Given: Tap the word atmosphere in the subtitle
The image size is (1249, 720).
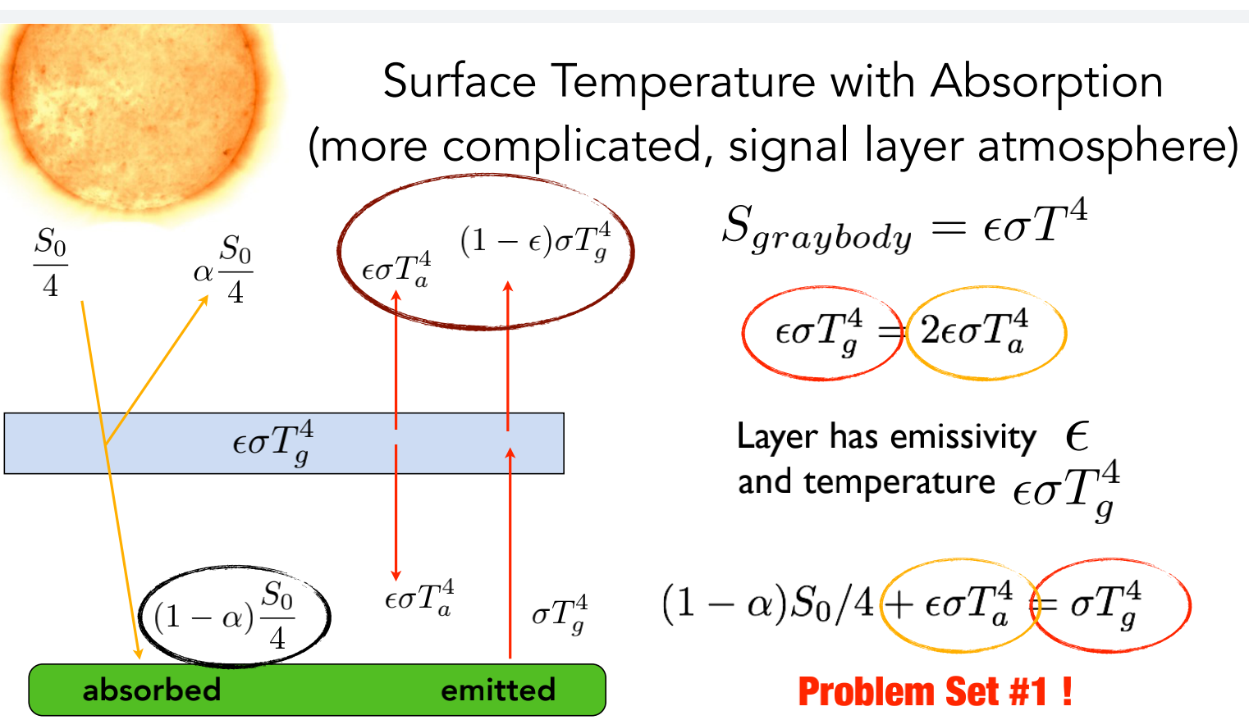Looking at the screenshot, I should (1108, 147).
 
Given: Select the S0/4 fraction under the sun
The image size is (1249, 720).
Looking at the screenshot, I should (50, 264).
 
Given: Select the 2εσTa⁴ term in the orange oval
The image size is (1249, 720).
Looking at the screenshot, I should (974, 331).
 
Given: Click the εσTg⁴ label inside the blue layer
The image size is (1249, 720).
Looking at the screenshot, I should (273, 443).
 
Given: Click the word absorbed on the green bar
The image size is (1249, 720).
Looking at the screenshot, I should (152, 690).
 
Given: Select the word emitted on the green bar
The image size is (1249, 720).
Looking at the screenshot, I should (498, 690).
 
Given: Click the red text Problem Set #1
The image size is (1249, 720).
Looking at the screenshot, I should (935, 692).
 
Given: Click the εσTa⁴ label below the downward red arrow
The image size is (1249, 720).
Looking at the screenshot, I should (419, 598).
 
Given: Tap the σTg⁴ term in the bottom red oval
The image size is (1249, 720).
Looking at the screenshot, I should (1106, 604).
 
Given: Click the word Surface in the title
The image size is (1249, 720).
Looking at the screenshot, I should (460, 83).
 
